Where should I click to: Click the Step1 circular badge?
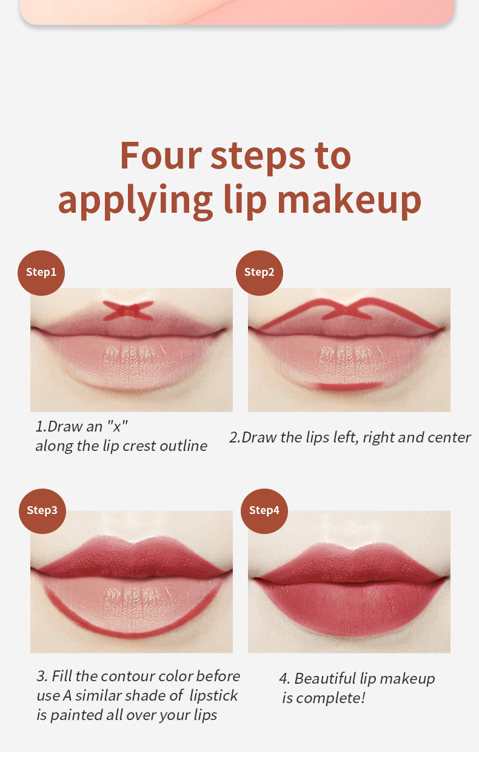point(41,273)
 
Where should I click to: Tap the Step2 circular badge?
point(260,273)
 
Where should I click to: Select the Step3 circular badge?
point(42,511)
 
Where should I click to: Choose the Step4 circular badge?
point(264,511)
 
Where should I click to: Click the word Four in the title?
point(161,156)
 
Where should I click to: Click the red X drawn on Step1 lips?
point(128,310)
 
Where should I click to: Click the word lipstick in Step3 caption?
point(213,696)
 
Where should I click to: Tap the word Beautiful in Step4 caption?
point(325,679)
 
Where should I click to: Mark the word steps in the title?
point(258,157)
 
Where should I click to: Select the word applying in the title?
point(135,202)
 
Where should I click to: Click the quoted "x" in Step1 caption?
point(117,426)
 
